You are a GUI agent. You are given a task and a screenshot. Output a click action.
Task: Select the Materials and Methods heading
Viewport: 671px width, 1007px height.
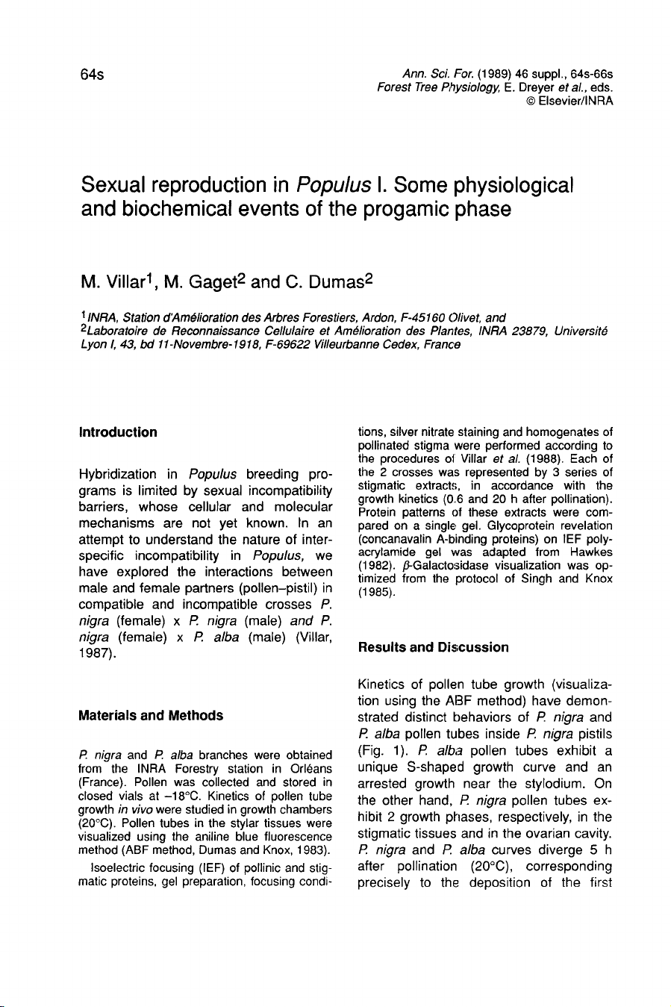click(151, 716)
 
